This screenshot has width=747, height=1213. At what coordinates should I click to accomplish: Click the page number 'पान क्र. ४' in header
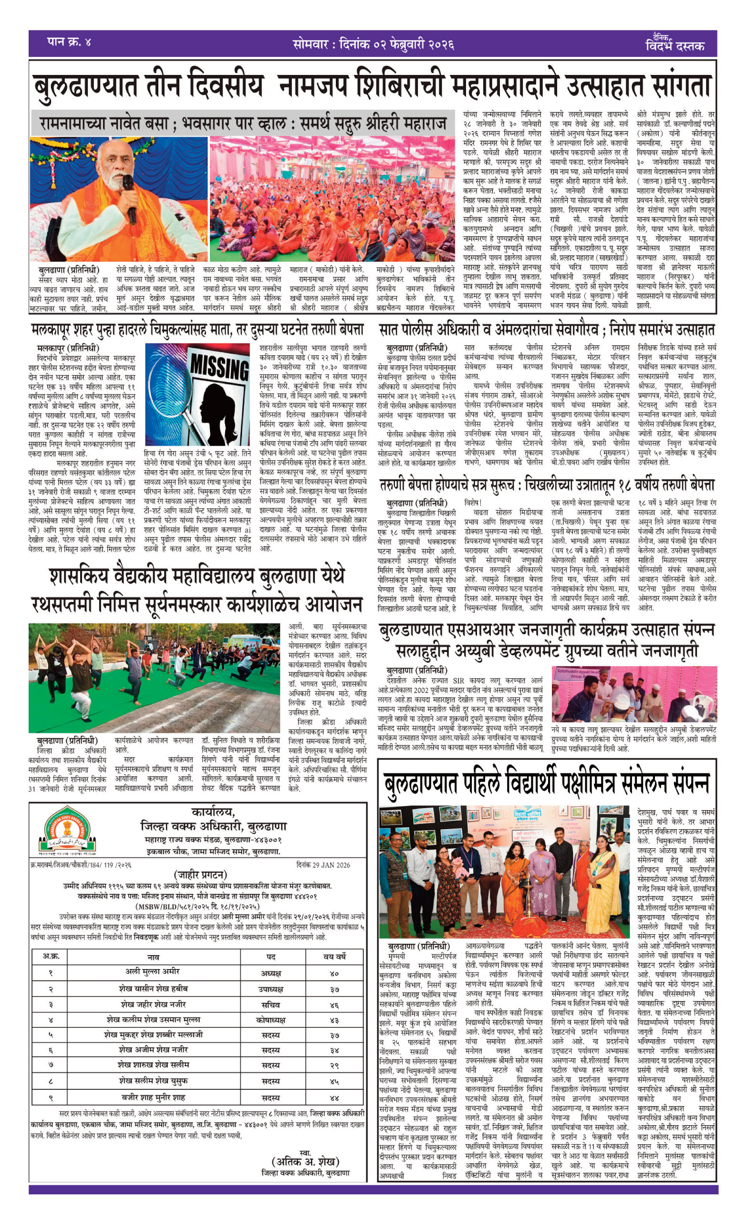[70, 42]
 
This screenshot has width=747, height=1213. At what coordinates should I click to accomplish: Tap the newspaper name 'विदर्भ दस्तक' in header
[674, 46]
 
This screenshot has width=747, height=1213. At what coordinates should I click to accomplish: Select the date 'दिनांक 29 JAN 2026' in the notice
[323, 865]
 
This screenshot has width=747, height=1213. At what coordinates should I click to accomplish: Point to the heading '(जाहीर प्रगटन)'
[200, 875]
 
